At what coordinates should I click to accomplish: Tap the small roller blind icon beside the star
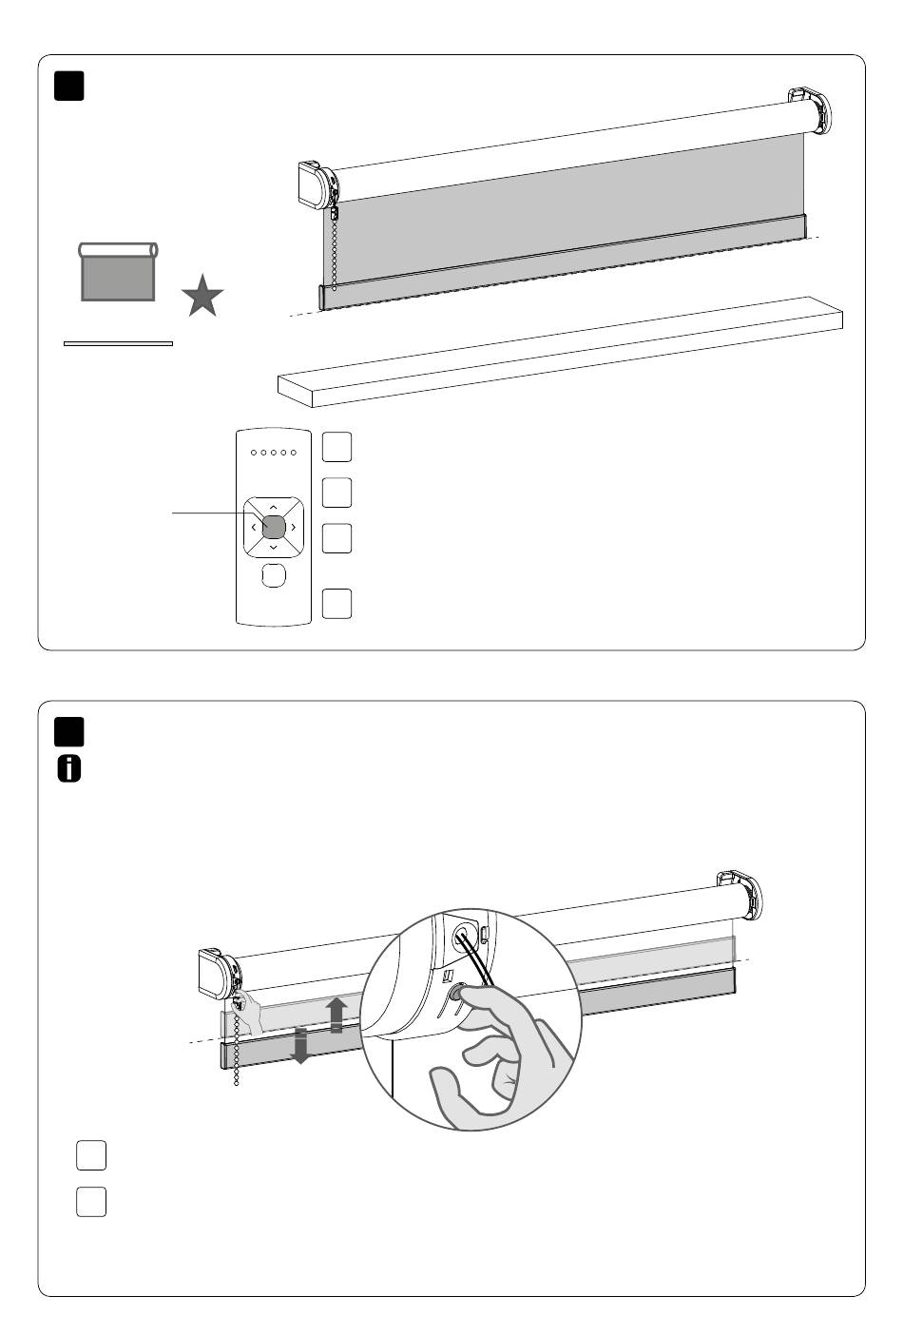118,272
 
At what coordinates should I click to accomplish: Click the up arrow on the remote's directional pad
273,506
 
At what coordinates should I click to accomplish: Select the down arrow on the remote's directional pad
273,547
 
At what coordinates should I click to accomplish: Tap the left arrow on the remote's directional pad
254,526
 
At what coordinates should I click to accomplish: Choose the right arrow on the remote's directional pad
293,526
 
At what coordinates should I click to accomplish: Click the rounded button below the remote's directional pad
273,574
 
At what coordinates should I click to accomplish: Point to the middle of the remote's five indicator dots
273,453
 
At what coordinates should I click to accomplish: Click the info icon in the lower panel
69,769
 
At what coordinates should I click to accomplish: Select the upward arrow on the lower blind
336,1015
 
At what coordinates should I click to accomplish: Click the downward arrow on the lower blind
300,1045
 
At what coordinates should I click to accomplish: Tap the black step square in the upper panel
69,86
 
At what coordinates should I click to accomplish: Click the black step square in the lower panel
69,731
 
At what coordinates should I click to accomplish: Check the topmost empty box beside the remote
336,446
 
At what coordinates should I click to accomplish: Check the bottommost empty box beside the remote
336,604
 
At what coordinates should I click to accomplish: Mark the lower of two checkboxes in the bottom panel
91,1202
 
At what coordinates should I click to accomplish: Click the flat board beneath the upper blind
561,352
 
